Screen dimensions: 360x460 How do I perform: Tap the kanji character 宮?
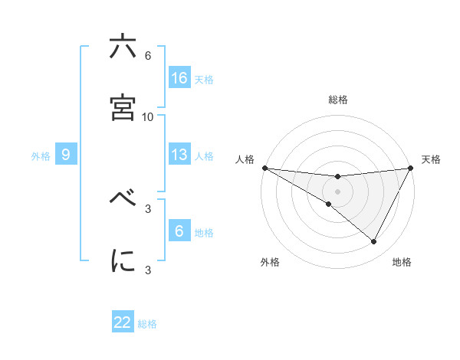pyautogui.click(x=123, y=108)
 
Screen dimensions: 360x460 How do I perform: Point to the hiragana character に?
pyautogui.click(x=123, y=260)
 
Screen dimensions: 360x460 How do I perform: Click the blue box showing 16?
pyautogui.click(x=179, y=77)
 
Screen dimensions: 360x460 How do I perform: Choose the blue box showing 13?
pyautogui.click(x=179, y=155)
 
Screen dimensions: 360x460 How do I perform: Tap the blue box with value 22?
pyautogui.click(x=123, y=322)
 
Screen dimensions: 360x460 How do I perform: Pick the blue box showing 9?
pyautogui.click(x=66, y=155)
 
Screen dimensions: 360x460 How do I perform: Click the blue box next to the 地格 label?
pyautogui.click(x=179, y=231)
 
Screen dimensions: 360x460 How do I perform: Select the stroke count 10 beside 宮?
pyautogui.click(x=148, y=116)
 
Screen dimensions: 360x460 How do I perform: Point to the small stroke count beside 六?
pyautogui.click(x=148, y=55)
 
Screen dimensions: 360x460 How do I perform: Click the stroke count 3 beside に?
pyautogui.click(x=148, y=269)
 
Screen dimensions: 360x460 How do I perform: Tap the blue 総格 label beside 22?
pyautogui.click(x=147, y=324)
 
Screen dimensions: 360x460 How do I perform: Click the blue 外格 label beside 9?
pyautogui.click(x=41, y=156)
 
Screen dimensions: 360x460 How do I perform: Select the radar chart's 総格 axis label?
pyautogui.click(x=338, y=100)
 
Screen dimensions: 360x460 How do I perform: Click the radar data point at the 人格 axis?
pyautogui.click(x=264, y=168)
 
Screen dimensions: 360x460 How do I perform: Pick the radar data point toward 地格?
pyautogui.click(x=374, y=241)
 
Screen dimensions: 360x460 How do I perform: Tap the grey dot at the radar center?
pyautogui.click(x=338, y=191)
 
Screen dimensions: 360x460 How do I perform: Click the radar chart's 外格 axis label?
pyautogui.click(x=270, y=262)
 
